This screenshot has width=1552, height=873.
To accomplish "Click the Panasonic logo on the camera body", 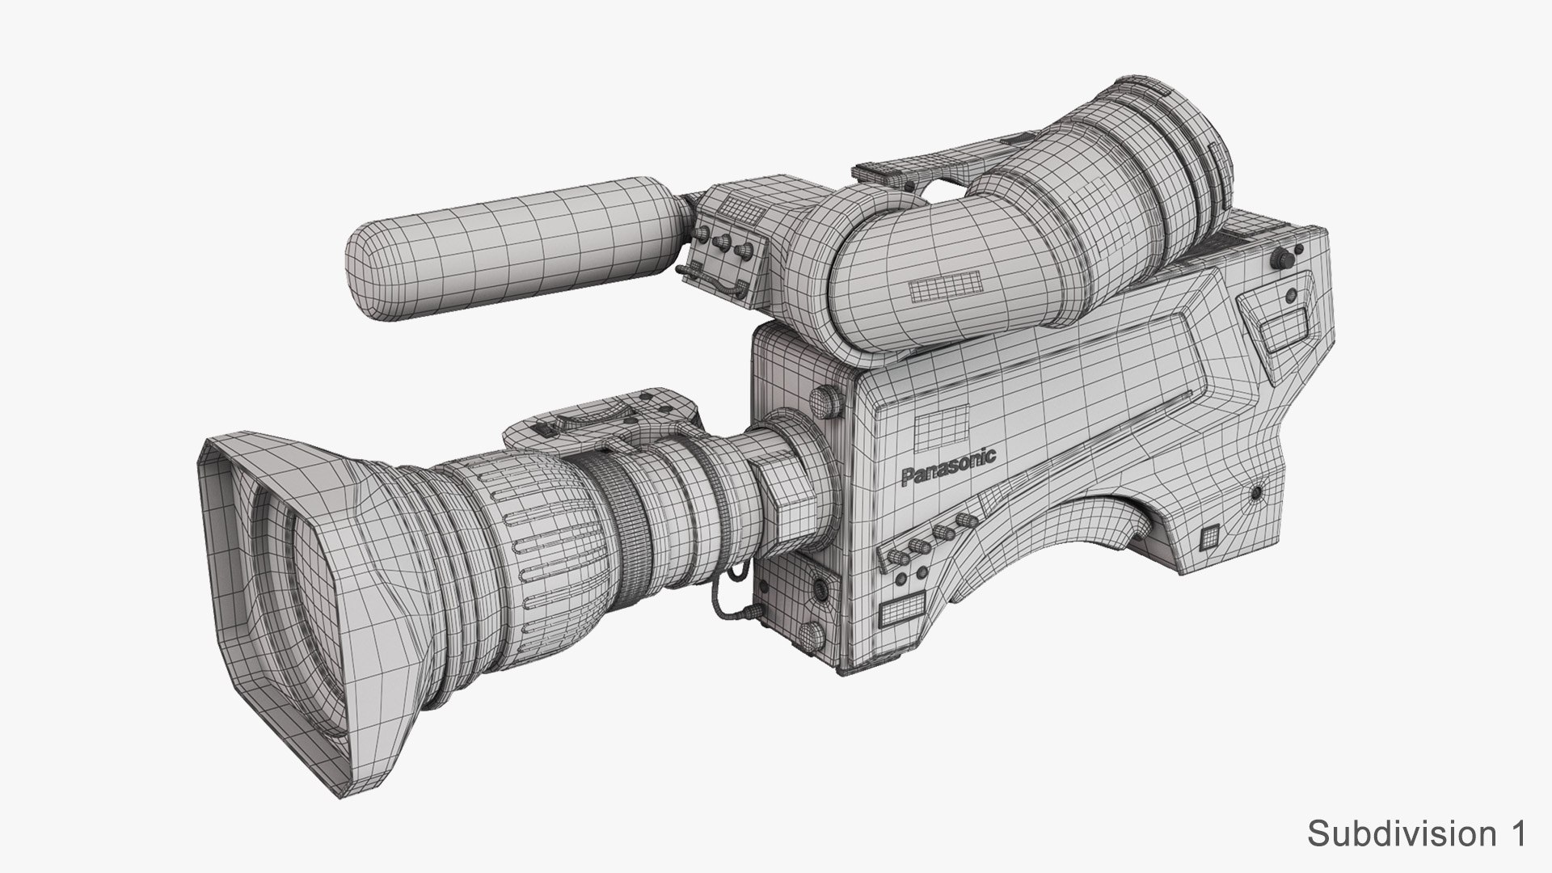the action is (948, 466).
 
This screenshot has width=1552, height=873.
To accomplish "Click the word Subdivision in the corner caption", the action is (1394, 833).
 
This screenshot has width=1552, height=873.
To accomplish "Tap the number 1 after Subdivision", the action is (1514, 833).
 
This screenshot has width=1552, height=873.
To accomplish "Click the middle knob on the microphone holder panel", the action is (723, 242).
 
